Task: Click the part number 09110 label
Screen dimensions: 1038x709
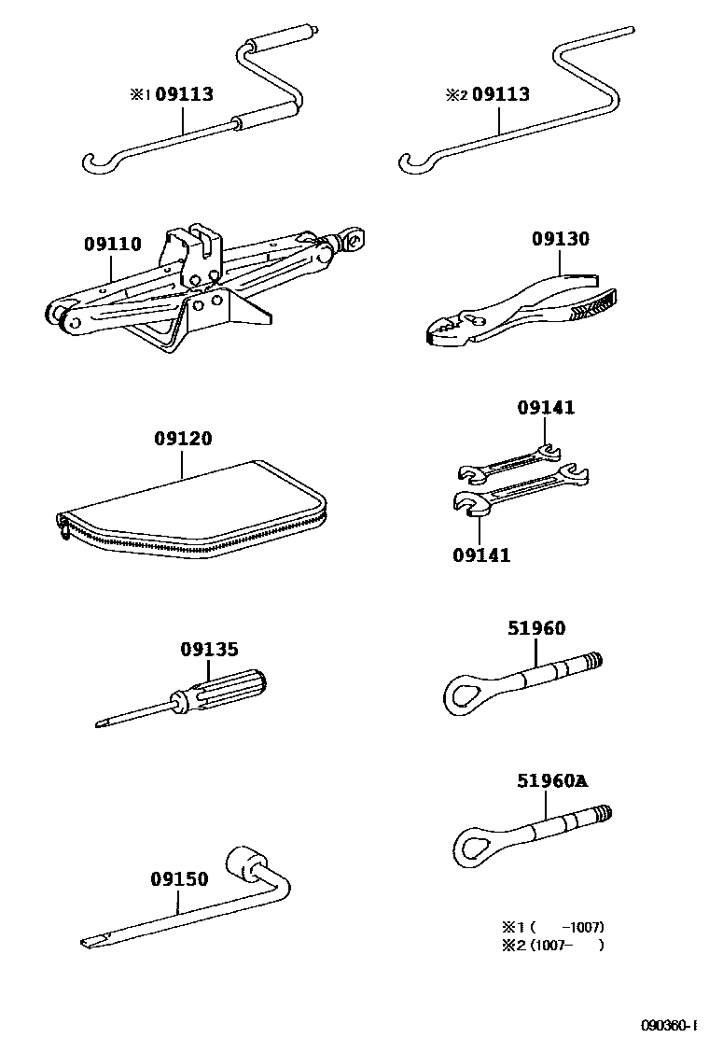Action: pos(112,245)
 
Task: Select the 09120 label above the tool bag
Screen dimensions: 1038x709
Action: pos(183,439)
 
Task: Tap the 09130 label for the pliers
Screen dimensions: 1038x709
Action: pos(561,239)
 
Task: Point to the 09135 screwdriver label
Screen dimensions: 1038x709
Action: pos(209,649)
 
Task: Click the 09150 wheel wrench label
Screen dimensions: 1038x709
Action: pos(179,878)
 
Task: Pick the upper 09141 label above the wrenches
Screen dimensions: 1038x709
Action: pos(547,408)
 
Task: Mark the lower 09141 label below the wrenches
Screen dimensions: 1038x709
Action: pos(481,555)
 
